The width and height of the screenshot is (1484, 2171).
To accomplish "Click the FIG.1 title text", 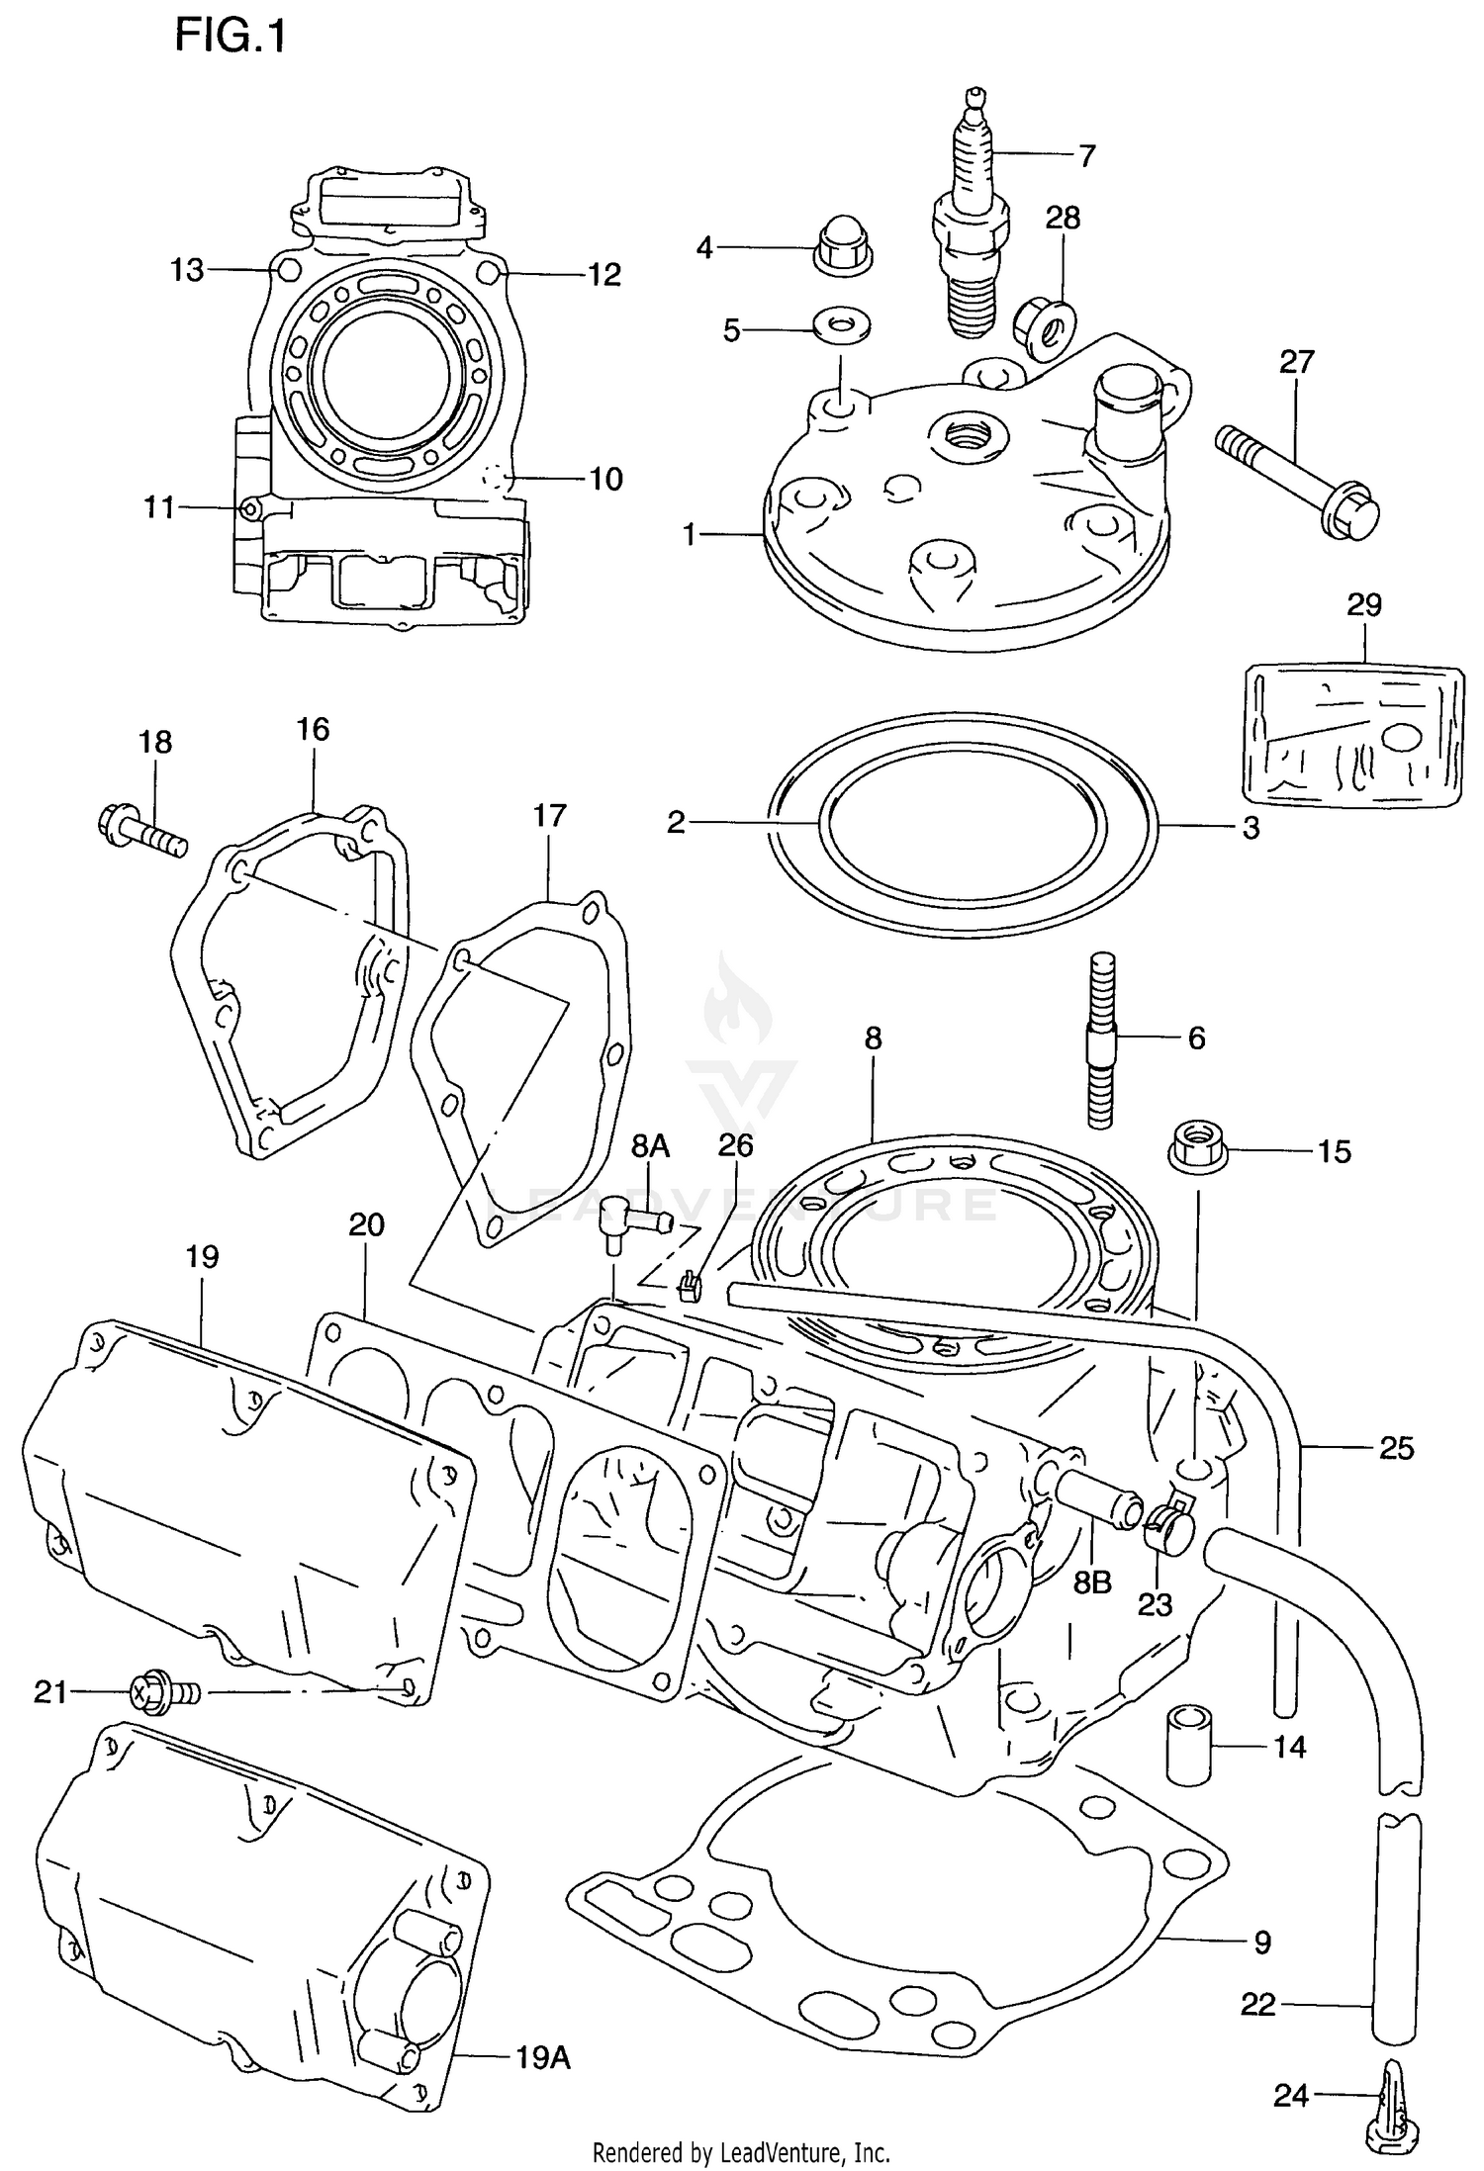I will click(x=231, y=38).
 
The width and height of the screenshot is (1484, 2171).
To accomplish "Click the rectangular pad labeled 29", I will click(x=1351, y=733).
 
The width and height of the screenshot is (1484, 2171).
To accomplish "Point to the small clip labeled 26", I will click(x=691, y=1287).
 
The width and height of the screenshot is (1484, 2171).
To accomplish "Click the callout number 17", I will click(x=549, y=816).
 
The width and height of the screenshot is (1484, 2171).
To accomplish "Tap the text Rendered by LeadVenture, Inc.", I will click(x=741, y=2152).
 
